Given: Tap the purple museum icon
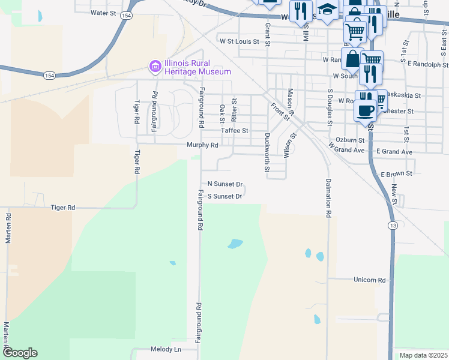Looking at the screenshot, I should pyautogui.click(x=155, y=65).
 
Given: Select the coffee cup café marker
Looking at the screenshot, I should pyautogui.click(x=366, y=110).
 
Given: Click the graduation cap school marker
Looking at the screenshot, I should pyautogui.click(x=327, y=10).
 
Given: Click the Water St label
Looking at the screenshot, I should pyautogui.click(x=103, y=13).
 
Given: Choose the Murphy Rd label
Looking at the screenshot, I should pyautogui.click(x=202, y=145).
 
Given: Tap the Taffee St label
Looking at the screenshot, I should pyautogui.click(x=234, y=130).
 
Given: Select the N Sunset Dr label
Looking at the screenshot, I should pyautogui.click(x=225, y=184).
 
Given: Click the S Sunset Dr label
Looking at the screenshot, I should pyautogui.click(x=224, y=196).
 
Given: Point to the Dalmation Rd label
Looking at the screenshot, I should pyautogui.click(x=329, y=197).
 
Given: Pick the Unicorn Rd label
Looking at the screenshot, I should pyautogui.click(x=369, y=280).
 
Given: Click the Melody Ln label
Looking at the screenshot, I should pyautogui.click(x=166, y=349).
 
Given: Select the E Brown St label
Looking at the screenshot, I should pyautogui.click(x=396, y=173).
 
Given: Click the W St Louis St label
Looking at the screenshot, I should pyautogui.click(x=239, y=42).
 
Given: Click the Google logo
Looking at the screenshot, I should pyautogui.click(x=20, y=353).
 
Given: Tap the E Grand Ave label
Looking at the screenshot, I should pyautogui.click(x=394, y=152).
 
